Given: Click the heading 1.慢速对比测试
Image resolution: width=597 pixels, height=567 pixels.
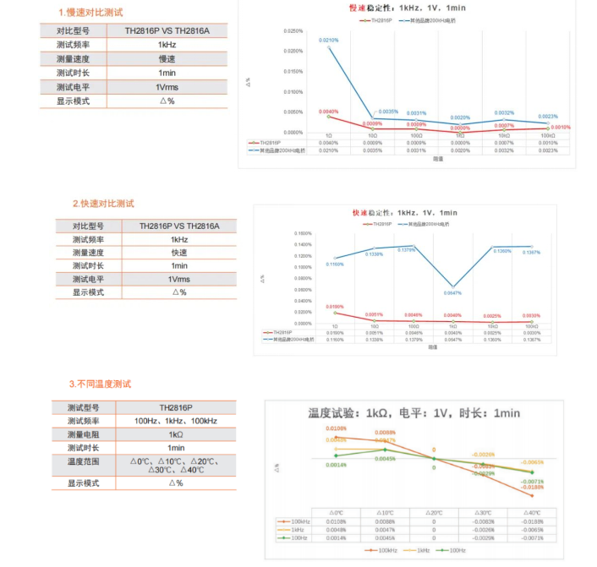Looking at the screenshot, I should [90, 13].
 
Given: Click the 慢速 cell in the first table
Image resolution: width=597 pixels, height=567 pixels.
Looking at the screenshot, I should [167, 59].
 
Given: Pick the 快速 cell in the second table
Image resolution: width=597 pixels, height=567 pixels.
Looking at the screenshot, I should [179, 253].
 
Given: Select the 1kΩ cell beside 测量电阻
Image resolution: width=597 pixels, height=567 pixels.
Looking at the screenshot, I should [176, 434].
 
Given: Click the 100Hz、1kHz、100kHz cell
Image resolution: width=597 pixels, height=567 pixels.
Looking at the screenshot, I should [176, 421].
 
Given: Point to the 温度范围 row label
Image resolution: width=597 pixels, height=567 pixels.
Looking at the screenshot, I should [84, 462].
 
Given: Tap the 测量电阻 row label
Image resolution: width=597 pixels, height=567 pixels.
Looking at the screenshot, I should [84, 434].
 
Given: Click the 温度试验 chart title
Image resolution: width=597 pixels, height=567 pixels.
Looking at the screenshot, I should [414, 413].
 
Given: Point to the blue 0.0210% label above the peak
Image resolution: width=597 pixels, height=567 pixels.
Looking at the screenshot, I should [328, 40].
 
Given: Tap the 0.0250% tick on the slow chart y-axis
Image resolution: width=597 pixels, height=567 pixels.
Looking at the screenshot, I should [293, 31].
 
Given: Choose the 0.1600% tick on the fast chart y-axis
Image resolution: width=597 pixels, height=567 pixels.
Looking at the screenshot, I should [304, 233].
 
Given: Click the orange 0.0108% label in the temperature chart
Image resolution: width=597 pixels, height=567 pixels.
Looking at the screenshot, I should [337, 429].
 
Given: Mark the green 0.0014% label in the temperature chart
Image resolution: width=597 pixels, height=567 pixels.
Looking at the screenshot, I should [337, 465].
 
